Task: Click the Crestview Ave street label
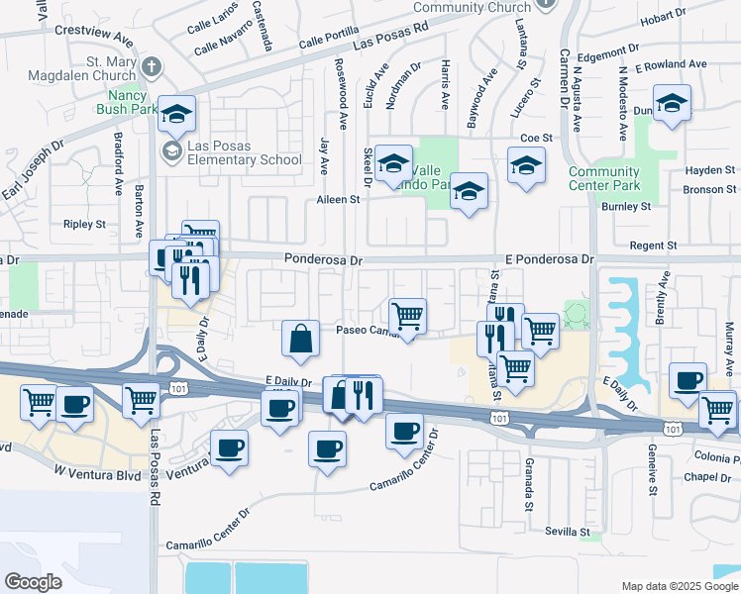(94, 35)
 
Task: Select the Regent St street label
(657, 245)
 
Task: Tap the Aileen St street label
(337, 199)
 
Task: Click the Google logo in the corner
(33, 581)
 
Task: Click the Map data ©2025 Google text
(679, 586)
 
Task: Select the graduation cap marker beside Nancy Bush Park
(177, 114)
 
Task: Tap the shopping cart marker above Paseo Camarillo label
(408, 316)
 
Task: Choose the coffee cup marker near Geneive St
(688, 380)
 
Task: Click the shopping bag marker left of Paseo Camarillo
(300, 338)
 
